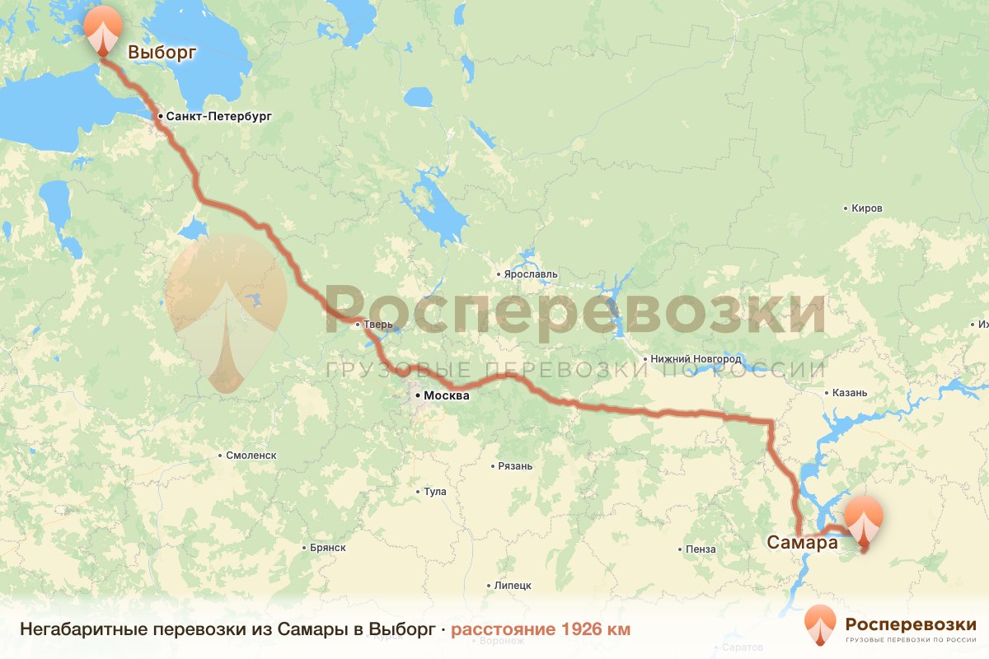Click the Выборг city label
point(162,53)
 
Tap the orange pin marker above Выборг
point(102,30)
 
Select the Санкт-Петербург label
point(218,116)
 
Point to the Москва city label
point(446,395)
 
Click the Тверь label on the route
point(379,325)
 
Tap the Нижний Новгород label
point(696,359)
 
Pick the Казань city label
point(851,393)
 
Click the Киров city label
point(867,208)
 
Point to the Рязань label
point(515,466)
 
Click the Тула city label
point(434,492)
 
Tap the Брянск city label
point(328,547)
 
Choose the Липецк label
point(513,586)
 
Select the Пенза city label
point(700,549)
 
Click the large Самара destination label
point(802,542)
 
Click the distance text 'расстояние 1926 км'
point(541,629)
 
